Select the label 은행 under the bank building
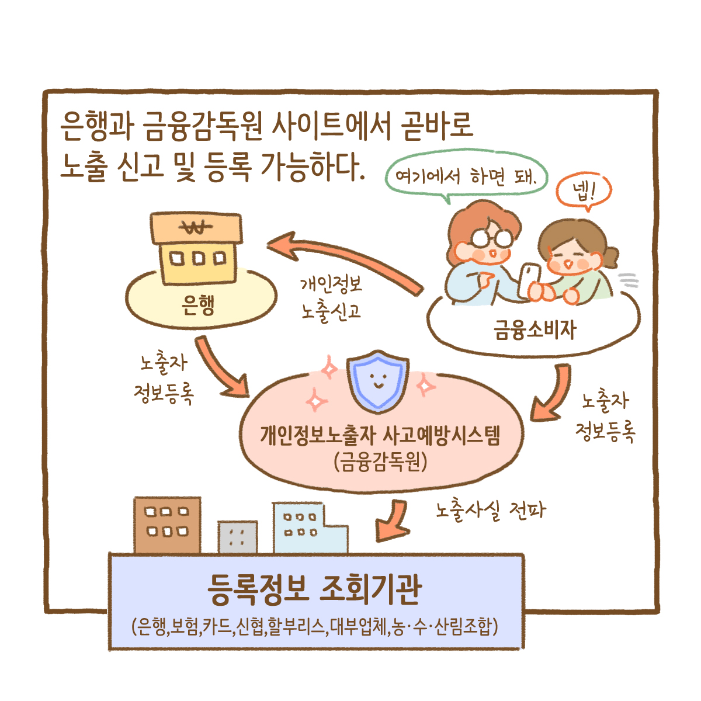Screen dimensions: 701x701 coord(198,305)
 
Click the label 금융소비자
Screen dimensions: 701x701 coord(535,330)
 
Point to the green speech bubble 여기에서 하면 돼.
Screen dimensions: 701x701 coord(466,176)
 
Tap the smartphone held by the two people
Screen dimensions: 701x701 coord(530,279)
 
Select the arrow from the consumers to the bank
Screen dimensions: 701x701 coord(345,258)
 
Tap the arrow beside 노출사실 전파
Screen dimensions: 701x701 coord(393,519)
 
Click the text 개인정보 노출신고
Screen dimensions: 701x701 coord(331,298)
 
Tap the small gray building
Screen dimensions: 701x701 coord(237,537)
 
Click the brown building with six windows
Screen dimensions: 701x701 coord(167,524)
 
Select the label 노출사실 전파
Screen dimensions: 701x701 coord(490,511)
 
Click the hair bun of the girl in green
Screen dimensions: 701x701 coord(610,256)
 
